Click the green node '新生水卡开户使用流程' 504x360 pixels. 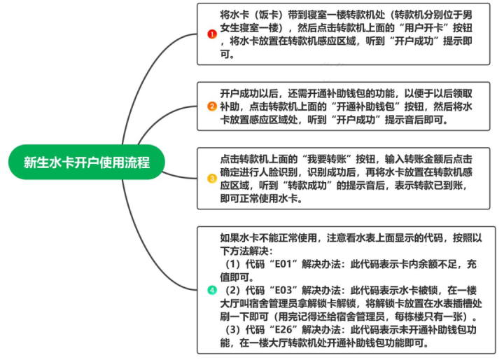[87, 162]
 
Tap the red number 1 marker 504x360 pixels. [212, 34]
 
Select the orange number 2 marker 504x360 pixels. [212, 106]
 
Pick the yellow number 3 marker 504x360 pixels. [212, 178]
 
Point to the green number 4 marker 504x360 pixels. [212, 290]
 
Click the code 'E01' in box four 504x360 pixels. [283, 264]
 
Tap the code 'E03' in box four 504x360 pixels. [283, 290]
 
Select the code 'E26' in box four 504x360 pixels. [283, 329]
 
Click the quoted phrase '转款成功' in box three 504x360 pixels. [307, 186]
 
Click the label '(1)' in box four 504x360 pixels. [232, 264]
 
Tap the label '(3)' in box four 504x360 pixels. [232, 329]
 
